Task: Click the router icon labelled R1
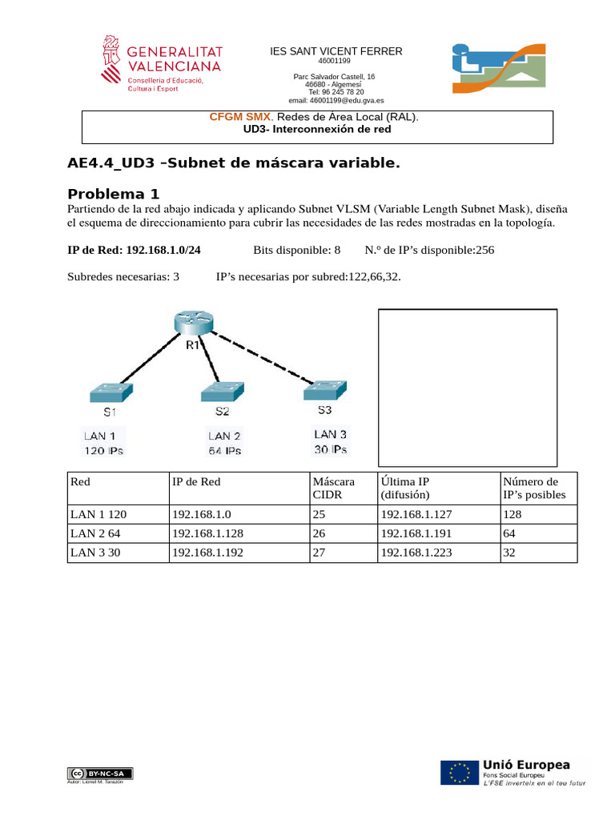coord(193,323)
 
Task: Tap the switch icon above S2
coord(222,392)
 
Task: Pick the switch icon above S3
coord(324,390)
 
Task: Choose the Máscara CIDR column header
coord(333,488)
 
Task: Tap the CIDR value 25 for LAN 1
coord(319,515)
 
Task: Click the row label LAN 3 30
coord(95,553)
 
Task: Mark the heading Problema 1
coord(114,193)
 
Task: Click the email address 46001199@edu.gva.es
coord(336,101)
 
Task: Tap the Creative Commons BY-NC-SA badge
coord(101,773)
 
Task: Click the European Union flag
coord(459,773)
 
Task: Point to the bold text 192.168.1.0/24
coord(163,250)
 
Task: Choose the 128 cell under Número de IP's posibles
coord(512,515)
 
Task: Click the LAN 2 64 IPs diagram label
coord(224,443)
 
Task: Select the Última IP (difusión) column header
coord(410,488)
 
